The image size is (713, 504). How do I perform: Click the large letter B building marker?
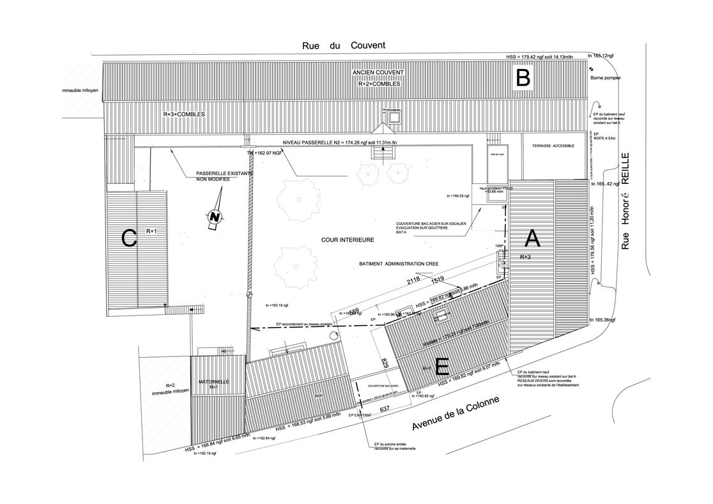(x=523, y=79)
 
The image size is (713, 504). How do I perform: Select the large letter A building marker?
(x=533, y=239)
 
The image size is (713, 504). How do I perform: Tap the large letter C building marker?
(x=129, y=239)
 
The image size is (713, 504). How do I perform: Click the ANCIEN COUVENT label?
(x=379, y=74)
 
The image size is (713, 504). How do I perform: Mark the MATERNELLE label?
(x=213, y=382)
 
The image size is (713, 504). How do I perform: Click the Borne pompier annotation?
(x=606, y=78)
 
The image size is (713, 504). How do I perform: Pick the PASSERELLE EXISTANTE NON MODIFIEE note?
(x=213, y=177)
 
